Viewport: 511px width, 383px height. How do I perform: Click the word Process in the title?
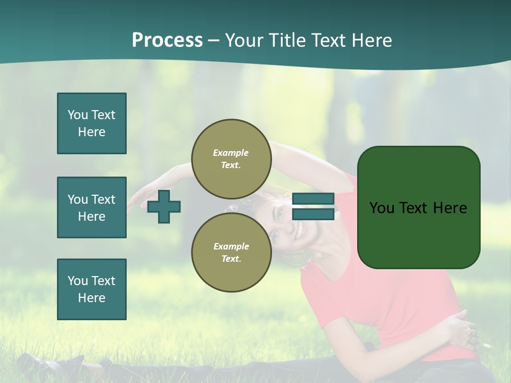tap(167, 40)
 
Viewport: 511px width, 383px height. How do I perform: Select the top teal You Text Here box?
tap(92, 123)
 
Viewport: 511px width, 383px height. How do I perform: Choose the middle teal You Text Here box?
tap(92, 207)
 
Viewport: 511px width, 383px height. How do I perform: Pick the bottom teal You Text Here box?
tap(92, 289)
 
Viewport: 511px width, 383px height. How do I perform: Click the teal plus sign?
tap(164, 206)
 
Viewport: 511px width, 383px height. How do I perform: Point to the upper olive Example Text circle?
tap(231, 159)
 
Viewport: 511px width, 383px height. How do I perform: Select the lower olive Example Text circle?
tap(231, 253)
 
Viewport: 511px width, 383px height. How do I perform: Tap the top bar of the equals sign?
tap(313, 199)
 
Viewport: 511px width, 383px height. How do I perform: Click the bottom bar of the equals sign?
tap(313, 214)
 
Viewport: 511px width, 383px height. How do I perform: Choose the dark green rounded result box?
tap(418, 234)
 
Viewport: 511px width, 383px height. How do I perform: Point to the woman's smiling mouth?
tap(300, 230)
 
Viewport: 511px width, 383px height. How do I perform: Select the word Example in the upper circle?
tap(231, 153)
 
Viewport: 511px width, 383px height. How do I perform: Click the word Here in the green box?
tap(450, 208)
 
